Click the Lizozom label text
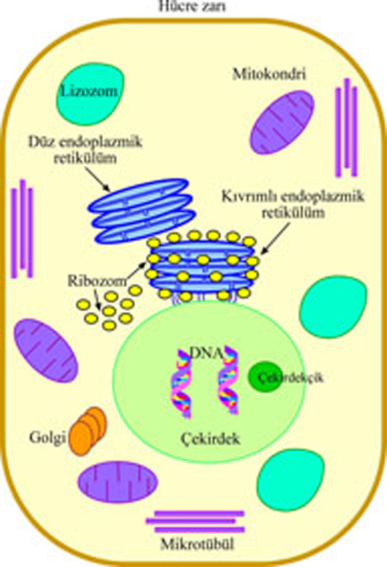click(x=89, y=91)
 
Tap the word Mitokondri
click(x=269, y=74)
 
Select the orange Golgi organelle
click(x=88, y=431)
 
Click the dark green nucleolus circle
click(x=265, y=377)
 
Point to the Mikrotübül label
click(x=197, y=545)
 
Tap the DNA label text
click(x=206, y=353)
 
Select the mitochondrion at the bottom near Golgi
click(x=117, y=482)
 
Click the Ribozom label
click(x=97, y=281)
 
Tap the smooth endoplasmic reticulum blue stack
click(x=141, y=211)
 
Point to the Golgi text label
click(x=47, y=437)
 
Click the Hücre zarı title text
click(x=192, y=6)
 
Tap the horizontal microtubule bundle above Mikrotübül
click(x=196, y=521)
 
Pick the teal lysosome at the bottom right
click(x=291, y=480)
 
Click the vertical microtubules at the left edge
click(x=22, y=229)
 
